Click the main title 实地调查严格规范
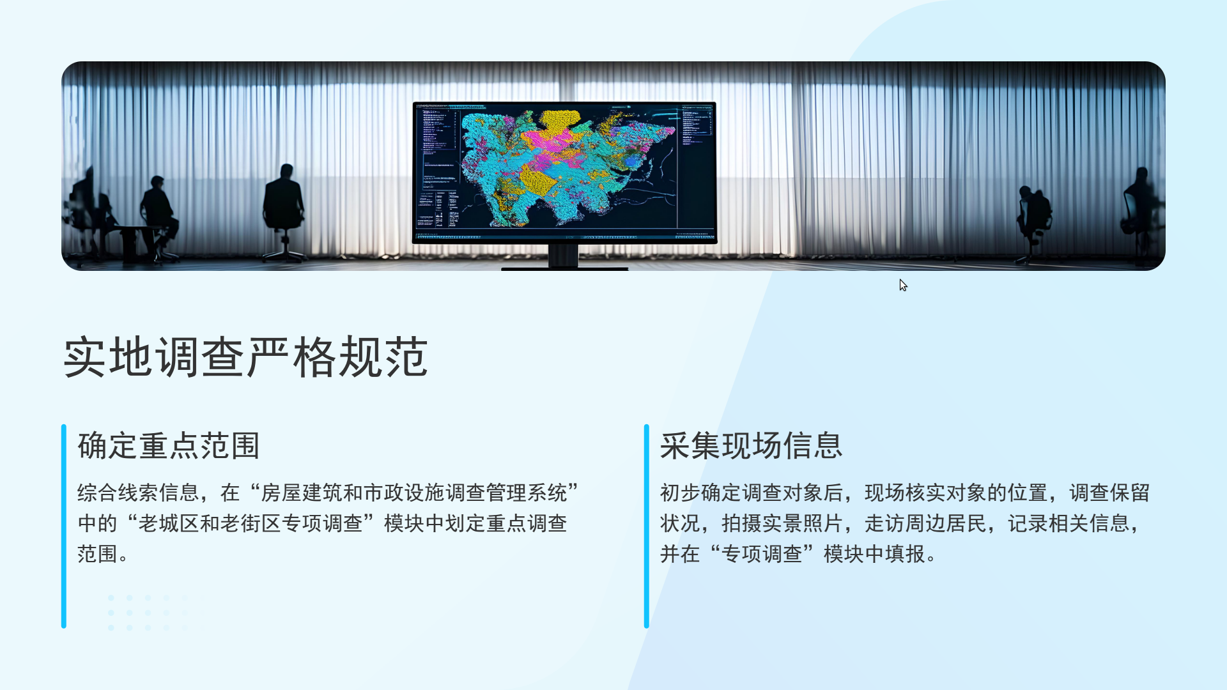click(246, 356)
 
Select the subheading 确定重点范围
click(169, 445)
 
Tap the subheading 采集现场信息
click(752, 445)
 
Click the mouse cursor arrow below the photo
click(903, 285)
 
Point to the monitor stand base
click(564, 268)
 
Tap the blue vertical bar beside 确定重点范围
click(64, 526)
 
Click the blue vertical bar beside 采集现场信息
click(647, 526)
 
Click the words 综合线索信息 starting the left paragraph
click(138, 493)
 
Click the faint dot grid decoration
click(148, 613)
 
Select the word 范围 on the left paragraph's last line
click(97, 554)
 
